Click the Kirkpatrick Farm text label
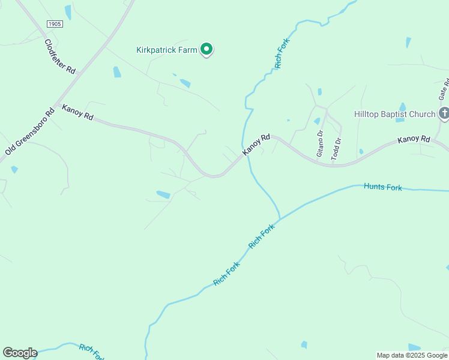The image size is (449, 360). [x=166, y=50]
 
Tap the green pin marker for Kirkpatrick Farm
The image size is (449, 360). [x=206, y=49]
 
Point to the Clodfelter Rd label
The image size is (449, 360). [x=59, y=56]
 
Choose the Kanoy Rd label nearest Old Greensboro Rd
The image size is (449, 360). [x=77, y=112]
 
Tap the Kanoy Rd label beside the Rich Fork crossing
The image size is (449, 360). [x=257, y=145]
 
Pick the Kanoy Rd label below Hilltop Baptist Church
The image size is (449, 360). [x=414, y=139]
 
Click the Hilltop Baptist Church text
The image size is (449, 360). [x=394, y=114]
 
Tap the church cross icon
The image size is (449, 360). [x=444, y=113]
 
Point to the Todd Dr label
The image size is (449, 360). [x=337, y=147]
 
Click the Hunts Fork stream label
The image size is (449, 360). [x=383, y=187]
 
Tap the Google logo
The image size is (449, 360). [x=20, y=352]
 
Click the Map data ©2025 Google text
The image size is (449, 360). [x=412, y=355]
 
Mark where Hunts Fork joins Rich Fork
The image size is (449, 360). [x=280, y=219]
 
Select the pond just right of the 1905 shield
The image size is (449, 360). [x=68, y=12]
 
